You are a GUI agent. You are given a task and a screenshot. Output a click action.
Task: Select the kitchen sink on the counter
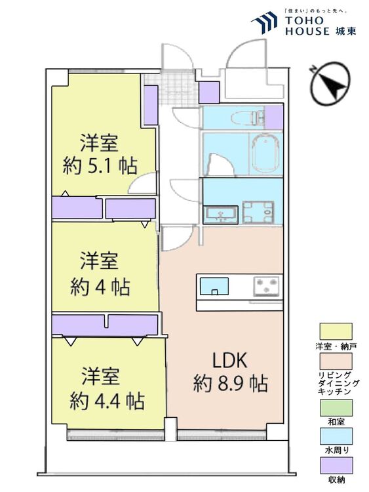pos(214,286)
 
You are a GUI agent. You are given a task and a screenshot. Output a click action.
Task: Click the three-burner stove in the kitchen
pos(267,285)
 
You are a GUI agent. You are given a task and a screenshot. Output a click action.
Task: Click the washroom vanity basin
pos(221,215)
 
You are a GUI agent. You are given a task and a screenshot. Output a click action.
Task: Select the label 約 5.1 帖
pos(100,166)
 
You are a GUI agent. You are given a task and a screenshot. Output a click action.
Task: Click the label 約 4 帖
pos(100,286)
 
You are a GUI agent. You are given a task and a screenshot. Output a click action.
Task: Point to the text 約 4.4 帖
pos(107,400)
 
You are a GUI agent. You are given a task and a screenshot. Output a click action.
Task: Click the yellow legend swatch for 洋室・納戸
pos(336,331)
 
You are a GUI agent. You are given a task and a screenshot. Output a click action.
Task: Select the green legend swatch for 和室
pos(336,408)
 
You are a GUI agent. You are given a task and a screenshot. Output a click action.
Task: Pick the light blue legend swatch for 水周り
pos(336,436)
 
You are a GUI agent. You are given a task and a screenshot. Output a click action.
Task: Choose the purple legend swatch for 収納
pos(336,465)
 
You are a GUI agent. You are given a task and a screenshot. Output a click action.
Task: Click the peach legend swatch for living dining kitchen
pos(336,361)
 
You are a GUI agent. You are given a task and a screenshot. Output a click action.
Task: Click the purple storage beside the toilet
pos(274,117)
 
